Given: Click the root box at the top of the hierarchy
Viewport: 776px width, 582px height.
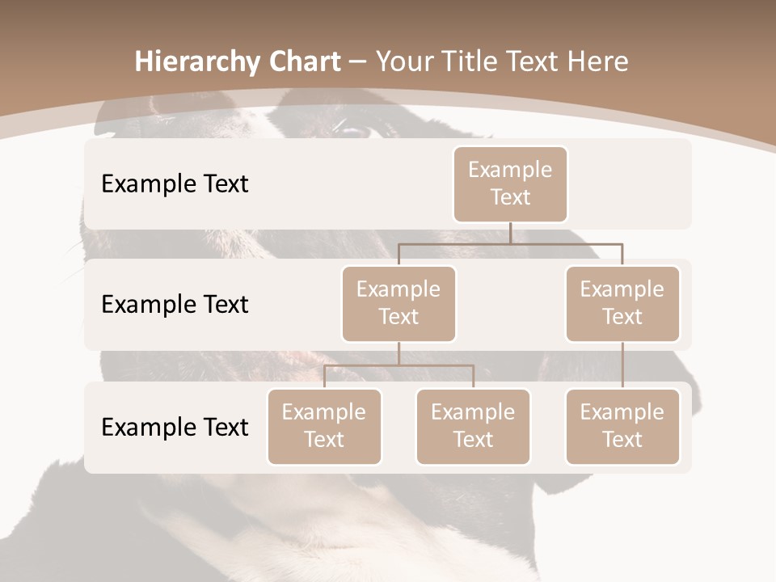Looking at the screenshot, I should pyautogui.click(x=510, y=184).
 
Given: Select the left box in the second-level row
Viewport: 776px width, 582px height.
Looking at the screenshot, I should pyautogui.click(x=399, y=304).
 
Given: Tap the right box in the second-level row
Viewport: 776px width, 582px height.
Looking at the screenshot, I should pyautogui.click(x=622, y=304).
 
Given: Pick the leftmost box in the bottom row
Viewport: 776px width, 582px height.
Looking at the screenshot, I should pyautogui.click(x=324, y=427).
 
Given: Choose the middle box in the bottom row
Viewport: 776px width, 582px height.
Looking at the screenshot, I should pyautogui.click(x=473, y=427).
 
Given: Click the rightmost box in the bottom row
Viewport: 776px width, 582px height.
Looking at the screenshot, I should pyautogui.click(x=622, y=427).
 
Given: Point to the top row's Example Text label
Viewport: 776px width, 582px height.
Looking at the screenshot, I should pyautogui.click(x=175, y=184).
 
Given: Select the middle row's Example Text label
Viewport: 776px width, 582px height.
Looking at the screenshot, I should pyautogui.click(x=175, y=305).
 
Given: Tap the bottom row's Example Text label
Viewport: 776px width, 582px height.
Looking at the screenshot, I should pyautogui.click(x=175, y=427).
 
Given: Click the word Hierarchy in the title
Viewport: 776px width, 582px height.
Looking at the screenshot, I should pyautogui.click(x=197, y=62).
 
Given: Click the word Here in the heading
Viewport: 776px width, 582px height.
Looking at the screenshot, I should pyautogui.click(x=598, y=61).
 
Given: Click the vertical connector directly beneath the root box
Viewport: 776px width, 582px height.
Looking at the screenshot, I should pyautogui.click(x=510, y=233).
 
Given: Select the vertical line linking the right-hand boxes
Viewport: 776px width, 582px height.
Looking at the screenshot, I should pyautogui.click(x=622, y=365).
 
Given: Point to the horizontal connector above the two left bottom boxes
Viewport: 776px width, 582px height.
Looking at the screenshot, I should pyautogui.click(x=399, y=365).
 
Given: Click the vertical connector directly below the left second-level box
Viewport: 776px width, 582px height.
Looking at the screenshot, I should pyautogui.click(x=399, y=353).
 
